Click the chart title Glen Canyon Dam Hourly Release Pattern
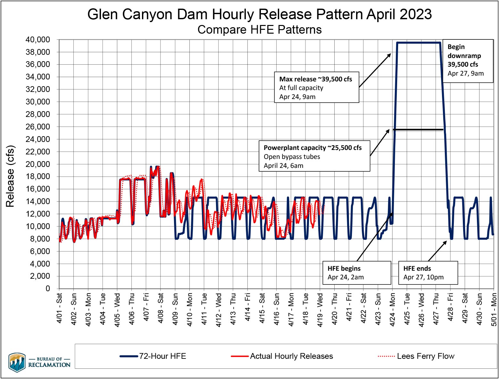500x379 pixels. (x=259, y=14)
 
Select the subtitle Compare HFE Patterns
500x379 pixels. (x=259, y=30)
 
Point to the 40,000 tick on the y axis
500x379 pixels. (x=38, y=40)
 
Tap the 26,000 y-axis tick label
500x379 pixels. (x=38, y=127)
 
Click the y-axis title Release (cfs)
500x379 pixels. (x=10, y=176)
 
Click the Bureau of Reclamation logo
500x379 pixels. (x=39, y=362)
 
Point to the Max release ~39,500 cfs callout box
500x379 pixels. (x=316, y=87)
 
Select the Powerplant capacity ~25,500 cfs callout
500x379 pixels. (x=314, y=156)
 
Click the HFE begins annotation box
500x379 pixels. (x=356, y=273)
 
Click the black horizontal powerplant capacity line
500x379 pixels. (x=418, y=129)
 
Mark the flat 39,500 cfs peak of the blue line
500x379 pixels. (x=418, y=43)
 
